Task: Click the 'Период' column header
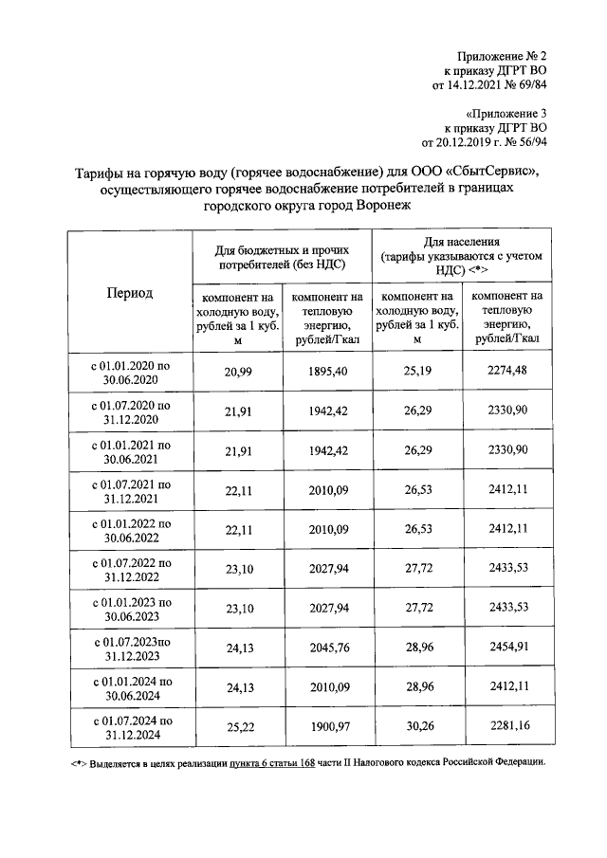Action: [x=129, y=293]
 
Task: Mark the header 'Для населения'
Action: [x=461, y=243]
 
